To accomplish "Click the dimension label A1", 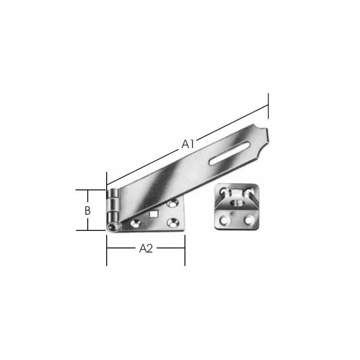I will (x=188, y=145).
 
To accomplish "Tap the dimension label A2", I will (x=146, y=248).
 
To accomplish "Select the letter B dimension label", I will (x=87, y=211).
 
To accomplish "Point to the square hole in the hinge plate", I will (x=154, y=215).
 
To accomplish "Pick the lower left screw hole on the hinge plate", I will (x=136, y=224).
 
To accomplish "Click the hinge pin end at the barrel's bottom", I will (x=112, y=227).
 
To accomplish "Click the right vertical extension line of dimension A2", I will (x=185, y=252).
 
